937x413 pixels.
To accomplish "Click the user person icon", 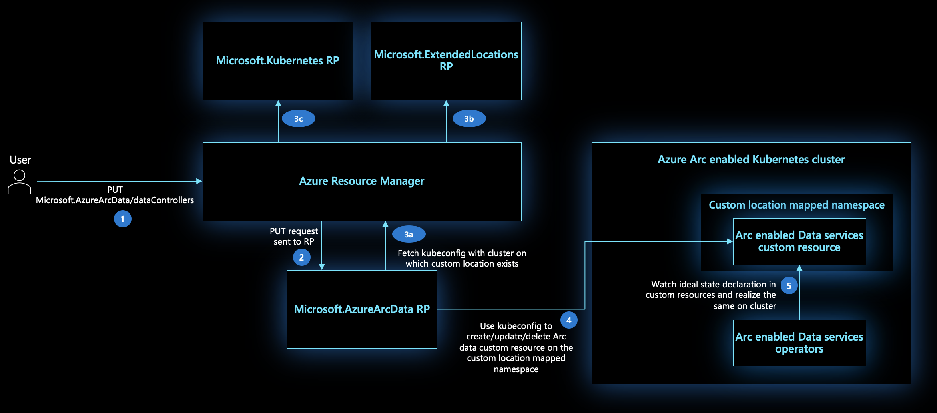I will coord(19,182).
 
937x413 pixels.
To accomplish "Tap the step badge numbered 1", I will coord(122,219).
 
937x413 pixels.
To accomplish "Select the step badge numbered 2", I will coord(301,257).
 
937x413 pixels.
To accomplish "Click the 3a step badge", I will coord(409,235).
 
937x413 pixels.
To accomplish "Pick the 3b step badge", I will coord(469,119).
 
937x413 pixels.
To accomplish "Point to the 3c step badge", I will coord(298,119).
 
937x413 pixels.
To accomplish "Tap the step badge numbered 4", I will coord(569,320).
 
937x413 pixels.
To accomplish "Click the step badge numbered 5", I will coord(789,286).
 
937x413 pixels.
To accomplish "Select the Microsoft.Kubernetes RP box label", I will coord(277,60).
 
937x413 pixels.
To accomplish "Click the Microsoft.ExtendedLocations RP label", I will coord(446,60).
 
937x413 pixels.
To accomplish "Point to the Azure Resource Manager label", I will coord(362,181).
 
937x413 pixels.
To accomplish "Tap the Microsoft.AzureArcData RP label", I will coord(362,309).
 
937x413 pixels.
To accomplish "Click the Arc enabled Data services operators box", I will coord(799,343).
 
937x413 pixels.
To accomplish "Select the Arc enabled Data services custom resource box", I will coord(799,241).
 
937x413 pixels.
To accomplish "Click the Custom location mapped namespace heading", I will coord(797,205).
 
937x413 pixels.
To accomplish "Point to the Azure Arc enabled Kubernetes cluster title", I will coord(751,160).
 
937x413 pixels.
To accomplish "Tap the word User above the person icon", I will coord(20,160).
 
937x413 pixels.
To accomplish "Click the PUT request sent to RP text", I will coord(294,236).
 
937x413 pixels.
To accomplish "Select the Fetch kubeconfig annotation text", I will coord(462,258).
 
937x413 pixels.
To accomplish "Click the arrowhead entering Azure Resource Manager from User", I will coord(199,181).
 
